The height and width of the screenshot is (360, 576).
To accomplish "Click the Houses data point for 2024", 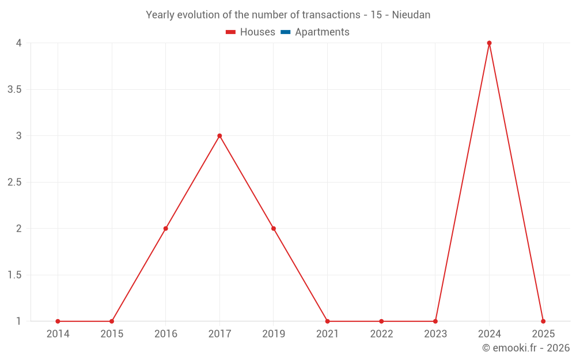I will coord(489,43).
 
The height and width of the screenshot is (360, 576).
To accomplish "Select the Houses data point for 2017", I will coord(219,136).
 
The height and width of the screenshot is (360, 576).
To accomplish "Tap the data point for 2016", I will coord(165,229).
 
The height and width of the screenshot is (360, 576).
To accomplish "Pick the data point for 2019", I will coord(274,229).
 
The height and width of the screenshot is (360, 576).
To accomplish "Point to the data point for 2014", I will coord(58,321).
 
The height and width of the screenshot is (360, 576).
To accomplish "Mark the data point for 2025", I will coord(543,321).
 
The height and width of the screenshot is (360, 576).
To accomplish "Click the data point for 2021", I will coord(327,321).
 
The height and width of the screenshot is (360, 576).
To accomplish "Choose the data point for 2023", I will coord(435,321).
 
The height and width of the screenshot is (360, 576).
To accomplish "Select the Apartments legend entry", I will coord(322,32).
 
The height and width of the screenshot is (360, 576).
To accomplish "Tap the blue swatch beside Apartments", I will coord(286,32).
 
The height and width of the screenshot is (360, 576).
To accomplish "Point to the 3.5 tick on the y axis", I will coord(14,90).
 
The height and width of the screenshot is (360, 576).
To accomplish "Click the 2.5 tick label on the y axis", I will coord(14,183).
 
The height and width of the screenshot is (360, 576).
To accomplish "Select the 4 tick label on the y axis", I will coord(18,43).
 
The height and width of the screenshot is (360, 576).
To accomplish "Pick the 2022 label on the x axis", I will coord(381,334).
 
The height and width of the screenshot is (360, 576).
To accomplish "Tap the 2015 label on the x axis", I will coord(112,334).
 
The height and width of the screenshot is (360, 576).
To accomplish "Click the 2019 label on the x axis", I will coord(274,334).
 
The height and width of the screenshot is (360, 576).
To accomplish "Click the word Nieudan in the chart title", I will coord(411,15).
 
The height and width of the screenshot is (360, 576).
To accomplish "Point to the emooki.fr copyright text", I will coord(526,348).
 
